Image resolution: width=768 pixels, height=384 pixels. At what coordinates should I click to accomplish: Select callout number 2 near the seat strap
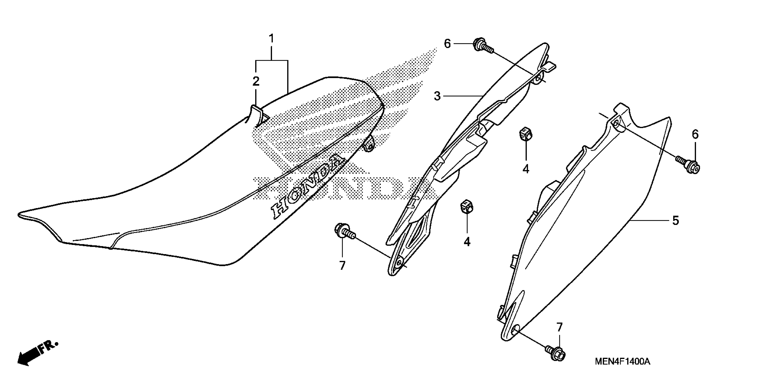coord(256,81)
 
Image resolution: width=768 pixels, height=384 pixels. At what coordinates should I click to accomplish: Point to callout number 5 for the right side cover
coord(675,220)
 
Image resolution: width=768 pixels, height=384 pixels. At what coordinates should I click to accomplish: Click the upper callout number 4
coord(526,169)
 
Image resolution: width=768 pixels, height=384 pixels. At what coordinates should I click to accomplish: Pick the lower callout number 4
coord(467,242)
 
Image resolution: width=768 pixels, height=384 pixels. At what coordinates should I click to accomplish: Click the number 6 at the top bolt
coord(447,44)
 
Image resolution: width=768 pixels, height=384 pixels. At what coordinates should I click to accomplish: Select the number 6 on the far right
coord(695,135)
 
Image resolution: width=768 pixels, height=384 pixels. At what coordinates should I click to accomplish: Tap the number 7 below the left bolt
coord(342,266)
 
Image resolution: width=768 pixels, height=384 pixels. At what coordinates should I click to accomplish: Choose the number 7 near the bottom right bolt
coord(559,327)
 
